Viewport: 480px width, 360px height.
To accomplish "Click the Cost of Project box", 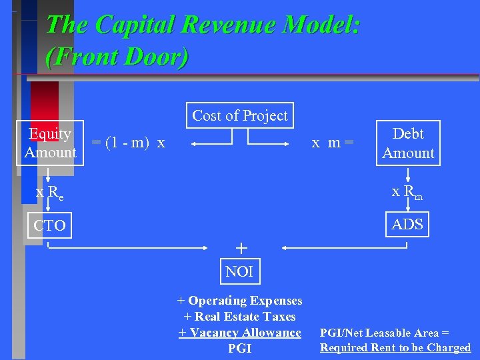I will coord(240,115).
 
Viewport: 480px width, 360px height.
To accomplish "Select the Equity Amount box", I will coord(50,143).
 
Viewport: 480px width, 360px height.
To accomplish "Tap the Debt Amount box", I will coord(408,143).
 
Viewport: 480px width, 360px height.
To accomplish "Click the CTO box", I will coord(50,225).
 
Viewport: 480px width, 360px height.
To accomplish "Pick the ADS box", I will coord(407,225).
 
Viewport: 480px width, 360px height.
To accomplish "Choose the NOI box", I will coord(239,271).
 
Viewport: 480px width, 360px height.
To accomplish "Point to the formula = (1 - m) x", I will coord(128,143).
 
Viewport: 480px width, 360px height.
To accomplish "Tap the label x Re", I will coord(50,193).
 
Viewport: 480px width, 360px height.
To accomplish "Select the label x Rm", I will coord(407,192).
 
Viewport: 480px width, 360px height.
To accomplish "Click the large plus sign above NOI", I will coord(241,249).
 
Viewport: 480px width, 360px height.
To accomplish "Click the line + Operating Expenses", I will coord(239,301).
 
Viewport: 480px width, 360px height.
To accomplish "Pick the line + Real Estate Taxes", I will coord(239,317).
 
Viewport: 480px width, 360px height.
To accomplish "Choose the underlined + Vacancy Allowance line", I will coord(239,333).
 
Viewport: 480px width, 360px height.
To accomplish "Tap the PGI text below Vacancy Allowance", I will coord(239,348).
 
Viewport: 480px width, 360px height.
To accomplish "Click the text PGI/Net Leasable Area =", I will coord(385,333).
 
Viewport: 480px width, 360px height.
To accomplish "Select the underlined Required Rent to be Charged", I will coord(395,347).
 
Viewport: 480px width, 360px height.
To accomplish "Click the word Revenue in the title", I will coord(223,25).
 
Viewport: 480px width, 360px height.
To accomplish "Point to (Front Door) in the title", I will coord(117,56).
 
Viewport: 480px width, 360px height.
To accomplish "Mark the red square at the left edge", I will coord(44,100).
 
